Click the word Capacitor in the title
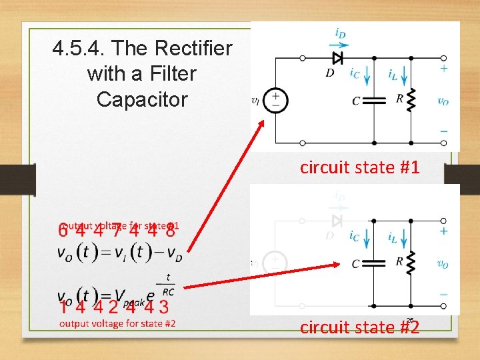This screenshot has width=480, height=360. coord(142,99)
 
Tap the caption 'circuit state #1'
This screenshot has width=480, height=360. coord(359,167)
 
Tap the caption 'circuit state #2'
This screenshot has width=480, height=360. coord(359,327)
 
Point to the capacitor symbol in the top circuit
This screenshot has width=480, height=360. coord(374,101)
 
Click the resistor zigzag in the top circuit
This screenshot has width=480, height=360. coord(411,100)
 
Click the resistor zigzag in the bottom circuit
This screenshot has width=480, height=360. coord(411,263)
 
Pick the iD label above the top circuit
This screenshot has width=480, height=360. coord(340,32)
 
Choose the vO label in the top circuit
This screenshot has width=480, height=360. coord(443,101)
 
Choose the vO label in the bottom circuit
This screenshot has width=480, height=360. coord(442,264)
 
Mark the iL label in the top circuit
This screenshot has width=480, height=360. coord(394,74)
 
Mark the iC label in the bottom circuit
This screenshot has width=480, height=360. coord(354,237)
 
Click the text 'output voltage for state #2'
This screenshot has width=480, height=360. coord(117,323)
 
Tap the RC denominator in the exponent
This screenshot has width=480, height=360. coord(167,291)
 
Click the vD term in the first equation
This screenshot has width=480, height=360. coord(174,255)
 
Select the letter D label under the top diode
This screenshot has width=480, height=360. coord(330,73)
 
